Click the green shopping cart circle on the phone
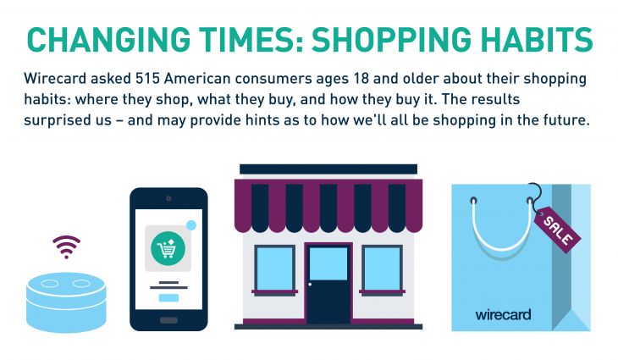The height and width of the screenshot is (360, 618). coord(167,248)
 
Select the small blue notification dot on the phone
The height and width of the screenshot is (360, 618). coord(190,225)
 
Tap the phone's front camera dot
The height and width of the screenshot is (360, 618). coord(168,197)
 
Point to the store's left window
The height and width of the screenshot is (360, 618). coord(273,267)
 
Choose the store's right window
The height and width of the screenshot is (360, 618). coord(382,267)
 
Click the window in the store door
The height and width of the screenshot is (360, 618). coord(328,263)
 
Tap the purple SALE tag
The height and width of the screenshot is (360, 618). coord(555,227)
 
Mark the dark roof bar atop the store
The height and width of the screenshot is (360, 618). coord(328,169)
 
